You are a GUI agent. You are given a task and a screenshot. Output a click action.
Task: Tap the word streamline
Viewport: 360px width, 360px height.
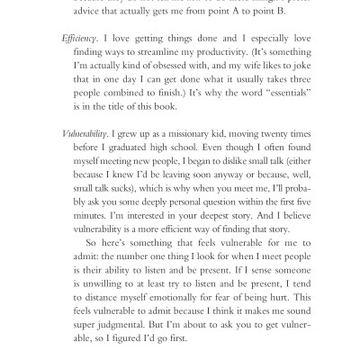pos(162,59)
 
